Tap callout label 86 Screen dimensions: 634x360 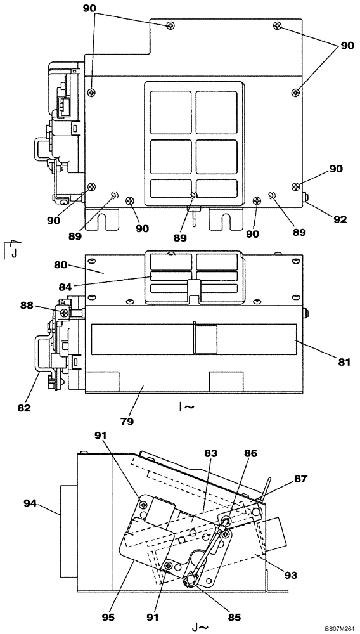click(x=251, y=454)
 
